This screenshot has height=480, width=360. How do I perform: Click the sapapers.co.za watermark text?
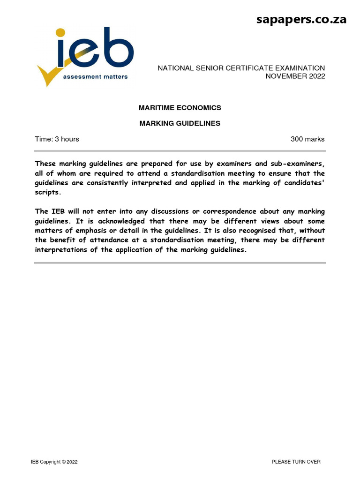(x=301, y=19)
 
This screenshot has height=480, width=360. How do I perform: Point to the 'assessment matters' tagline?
(x=96, y=76)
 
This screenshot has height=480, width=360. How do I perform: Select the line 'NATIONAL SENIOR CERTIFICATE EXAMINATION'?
(x=241, y=68)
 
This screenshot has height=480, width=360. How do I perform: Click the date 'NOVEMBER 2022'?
(x=295, y=76)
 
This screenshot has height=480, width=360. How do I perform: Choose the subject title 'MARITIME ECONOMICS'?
(x=180, y=108)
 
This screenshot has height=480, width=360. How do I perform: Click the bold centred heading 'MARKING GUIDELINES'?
(x=180, y=124)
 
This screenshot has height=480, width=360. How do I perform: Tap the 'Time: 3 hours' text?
(x=57, y=139)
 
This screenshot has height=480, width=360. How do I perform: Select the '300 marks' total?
(x=307, y=139)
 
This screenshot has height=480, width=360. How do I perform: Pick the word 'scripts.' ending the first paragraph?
(x=48, y=192)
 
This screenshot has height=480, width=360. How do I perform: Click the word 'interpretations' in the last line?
(x=61, y=250)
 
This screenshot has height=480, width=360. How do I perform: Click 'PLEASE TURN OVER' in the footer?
(x=296, y=462)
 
